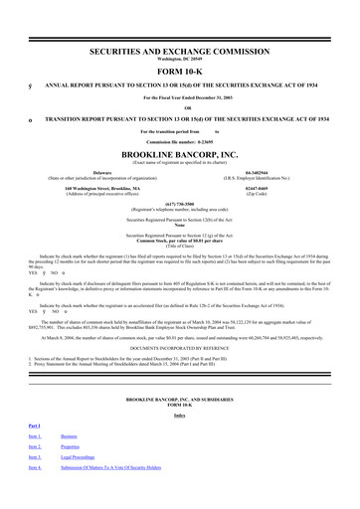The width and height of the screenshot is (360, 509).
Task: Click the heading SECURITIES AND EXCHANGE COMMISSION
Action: [179, 36]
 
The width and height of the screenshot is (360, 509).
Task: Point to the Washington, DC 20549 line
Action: [179, 44]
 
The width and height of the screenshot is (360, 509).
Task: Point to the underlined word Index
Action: [179, 435]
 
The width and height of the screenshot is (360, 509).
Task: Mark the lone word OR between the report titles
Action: [179, 97]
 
